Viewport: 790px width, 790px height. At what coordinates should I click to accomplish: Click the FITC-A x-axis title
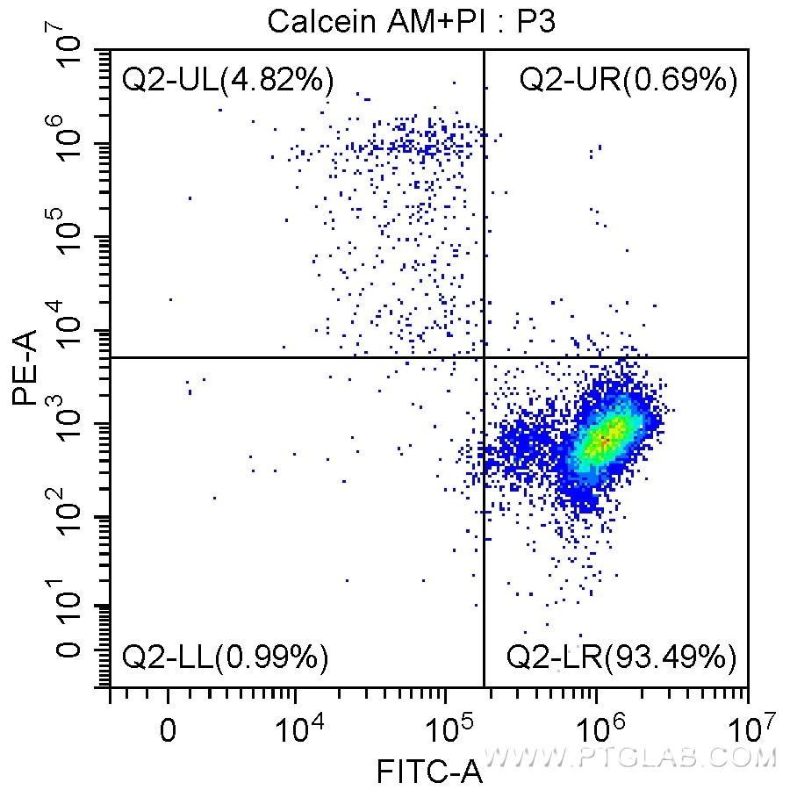click(x=429, y=772)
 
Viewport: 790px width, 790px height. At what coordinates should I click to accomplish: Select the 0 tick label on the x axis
click(x=168, y=730)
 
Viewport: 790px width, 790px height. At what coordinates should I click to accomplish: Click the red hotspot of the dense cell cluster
click(x=604, y=438)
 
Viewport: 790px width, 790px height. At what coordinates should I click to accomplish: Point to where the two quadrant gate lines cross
click(x=484, y=357)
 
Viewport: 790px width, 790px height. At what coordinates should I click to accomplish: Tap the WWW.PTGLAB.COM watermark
click(x=631, y=757)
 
